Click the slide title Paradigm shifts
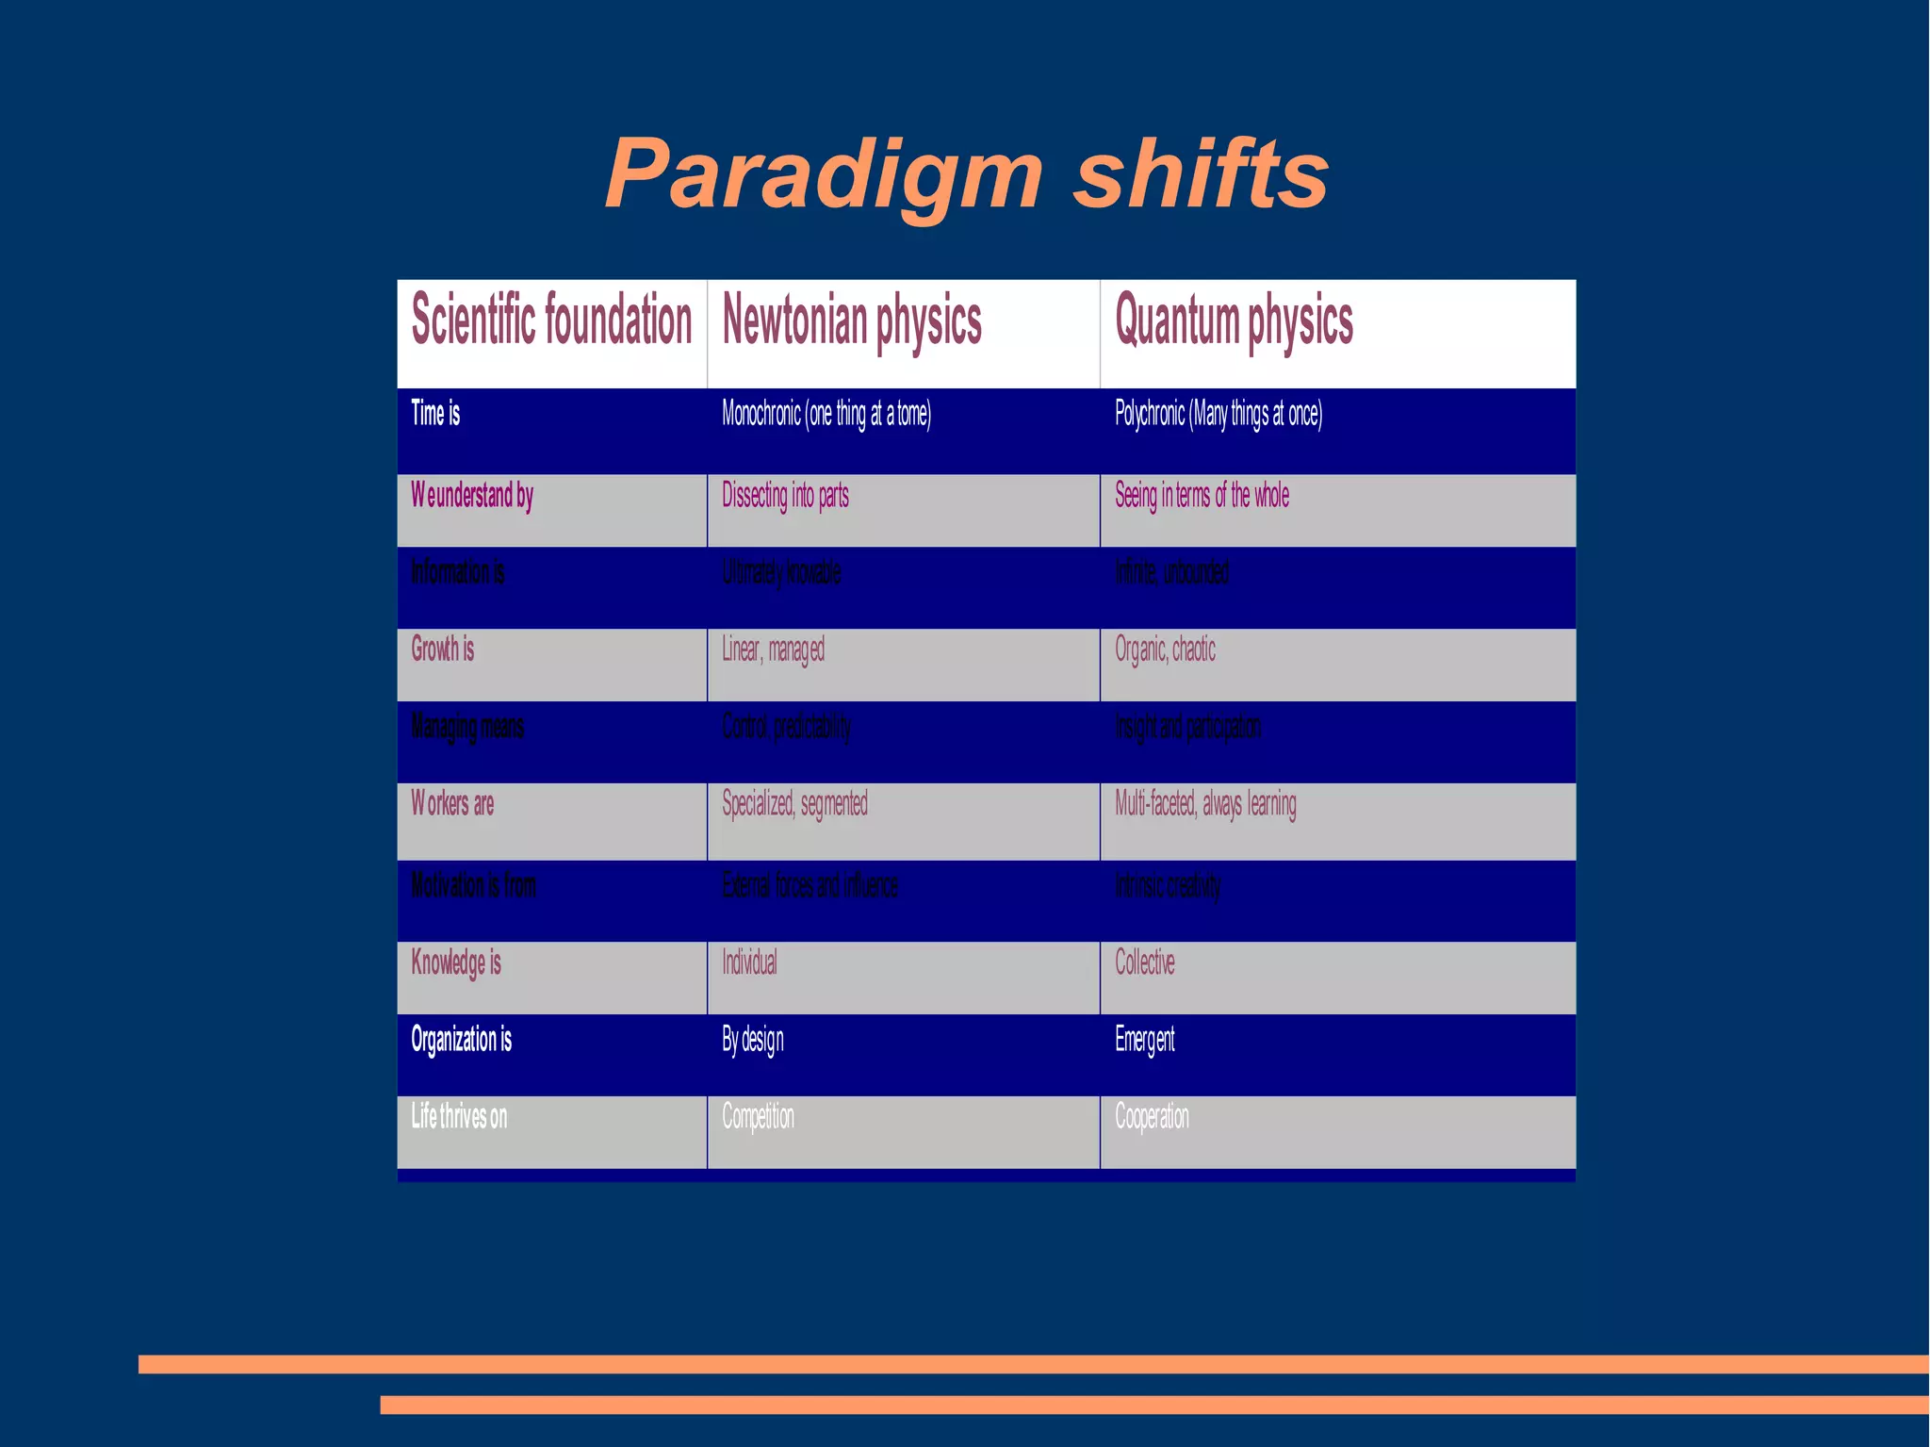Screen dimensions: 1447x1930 (x=966, y=173)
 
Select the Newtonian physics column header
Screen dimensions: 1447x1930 (x=851, y=321)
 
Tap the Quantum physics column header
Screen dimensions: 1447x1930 (x=1233, y=321)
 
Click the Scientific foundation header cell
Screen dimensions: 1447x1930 (x=551, y=320)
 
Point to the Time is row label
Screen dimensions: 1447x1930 (x=435, y=413)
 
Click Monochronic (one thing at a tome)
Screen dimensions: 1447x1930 (x=826, y=413)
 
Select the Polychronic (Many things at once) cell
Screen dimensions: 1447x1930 (x=1218, y=413)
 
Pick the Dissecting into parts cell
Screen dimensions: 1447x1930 (x=785, y=495)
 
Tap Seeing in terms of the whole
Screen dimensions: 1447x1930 (x=1202, y=495)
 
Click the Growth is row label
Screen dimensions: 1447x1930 (x=442, y=649)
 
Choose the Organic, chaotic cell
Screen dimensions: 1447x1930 (x=1165, y=650)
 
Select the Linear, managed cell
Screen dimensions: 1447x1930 (x=773, y=650)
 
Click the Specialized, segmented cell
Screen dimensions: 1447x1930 (x=794, y=804)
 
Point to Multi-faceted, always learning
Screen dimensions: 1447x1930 (x=1205, y=804)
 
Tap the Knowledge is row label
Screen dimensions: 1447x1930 (x=455, y=962)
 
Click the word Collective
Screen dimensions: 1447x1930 (x=1144, y=962)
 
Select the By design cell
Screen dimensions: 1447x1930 (x=752, y=1040)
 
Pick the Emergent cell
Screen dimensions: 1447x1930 (x=1144, y=1040)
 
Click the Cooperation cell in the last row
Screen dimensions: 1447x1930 (x=1152, y=1117)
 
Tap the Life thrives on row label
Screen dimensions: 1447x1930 (x=459, y=1117)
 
